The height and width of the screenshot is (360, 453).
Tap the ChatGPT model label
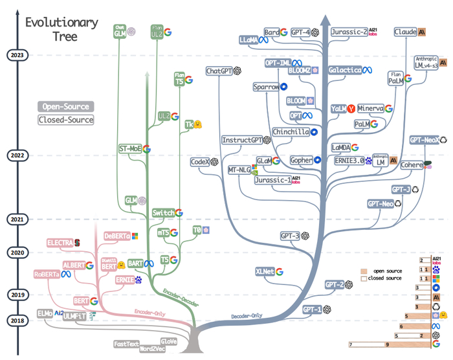pos(219,71)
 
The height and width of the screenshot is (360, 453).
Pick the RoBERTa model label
pos(52,275)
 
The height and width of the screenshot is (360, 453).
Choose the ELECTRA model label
pos(60,243)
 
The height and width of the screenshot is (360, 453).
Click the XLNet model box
pos(265,271)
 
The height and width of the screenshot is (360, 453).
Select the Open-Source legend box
pos(65,106)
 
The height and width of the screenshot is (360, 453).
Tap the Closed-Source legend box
pos(65,120)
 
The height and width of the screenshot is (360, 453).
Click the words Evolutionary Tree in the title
pos(61,29)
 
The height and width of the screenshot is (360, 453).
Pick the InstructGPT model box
pos(242,140)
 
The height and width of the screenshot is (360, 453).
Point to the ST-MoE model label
pos(130,148)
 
